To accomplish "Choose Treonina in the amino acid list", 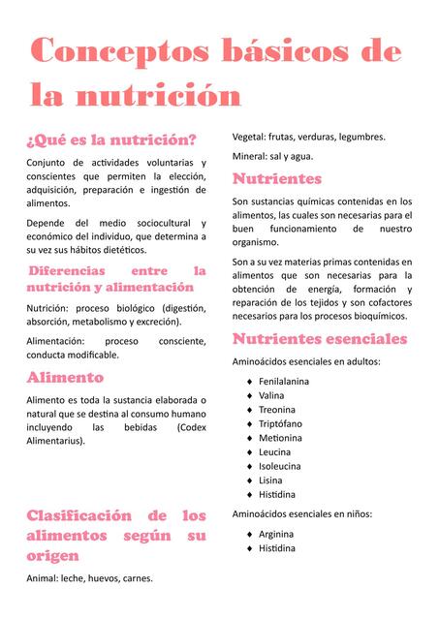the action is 277,410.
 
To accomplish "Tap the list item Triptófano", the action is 280,423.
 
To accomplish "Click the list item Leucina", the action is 274,451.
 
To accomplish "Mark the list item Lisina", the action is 270,480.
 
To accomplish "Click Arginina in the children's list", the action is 276,534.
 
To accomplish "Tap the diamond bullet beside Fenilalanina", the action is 249,382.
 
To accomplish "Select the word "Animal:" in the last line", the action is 45,578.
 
